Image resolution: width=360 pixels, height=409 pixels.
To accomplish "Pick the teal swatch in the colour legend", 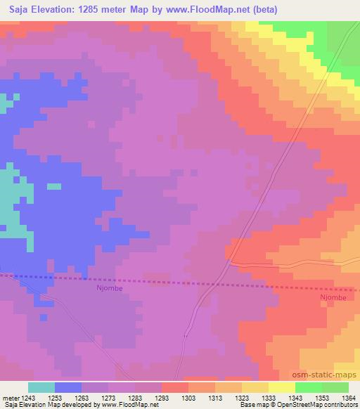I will (x=41, y=387).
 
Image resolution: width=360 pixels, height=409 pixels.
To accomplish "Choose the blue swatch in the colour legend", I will (x=68, y=387).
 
